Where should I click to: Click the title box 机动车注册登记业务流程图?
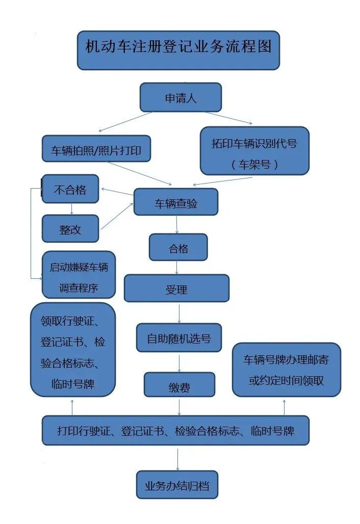[x=178, y=50]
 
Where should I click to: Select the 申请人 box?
[x=181, y=97]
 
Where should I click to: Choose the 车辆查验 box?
[x=176, y=202]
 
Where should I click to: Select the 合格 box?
[x=178, y=247]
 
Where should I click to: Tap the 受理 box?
[x=176, y=289]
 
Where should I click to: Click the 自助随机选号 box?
[x=178, y=337]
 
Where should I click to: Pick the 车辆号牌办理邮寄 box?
[x=286, y=370]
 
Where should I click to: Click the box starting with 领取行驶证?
[x=73, y=349]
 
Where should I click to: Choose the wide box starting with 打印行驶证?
[x=175, y=431]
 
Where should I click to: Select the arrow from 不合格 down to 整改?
[x=71, y=209]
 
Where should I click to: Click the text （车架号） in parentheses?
[x=254, y=164]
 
